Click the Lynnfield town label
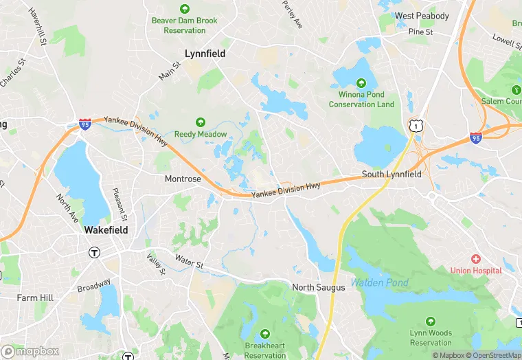(x=205, y=53)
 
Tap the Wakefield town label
(x=106, y=230)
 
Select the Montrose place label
(x=183, y=179)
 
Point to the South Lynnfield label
(x=391, y=175)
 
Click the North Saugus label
(x=319, y=287)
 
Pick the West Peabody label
(x=422, y=16)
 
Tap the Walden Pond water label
(x=380, y=282)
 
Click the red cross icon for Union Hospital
(x=475, y=258)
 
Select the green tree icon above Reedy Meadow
(x=201, y=122)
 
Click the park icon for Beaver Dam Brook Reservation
(x=184, y=9)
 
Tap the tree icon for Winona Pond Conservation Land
(x=361, y=82)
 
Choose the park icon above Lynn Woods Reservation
(x=431, y=321)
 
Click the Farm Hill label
(x=35, y=298)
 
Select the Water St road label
(x=189, y=262)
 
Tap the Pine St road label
(x=420, y=32)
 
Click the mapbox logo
(x=30, y=351)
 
